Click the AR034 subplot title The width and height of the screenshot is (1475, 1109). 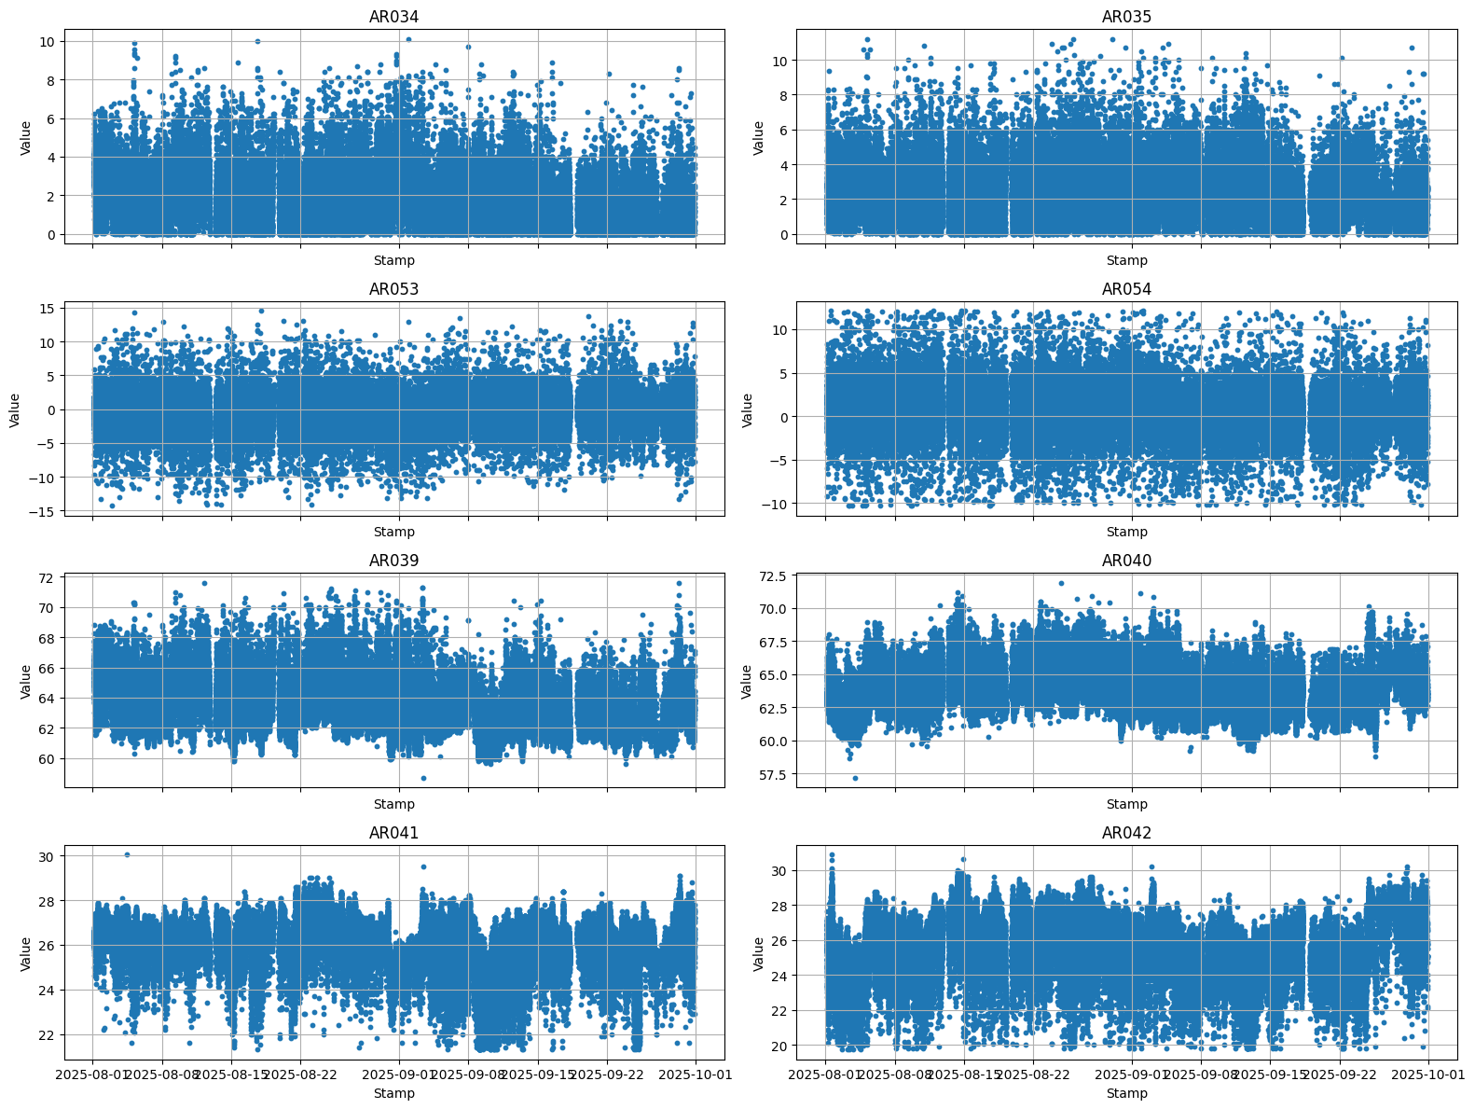[x=393, y=17]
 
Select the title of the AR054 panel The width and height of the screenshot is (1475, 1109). [x=1126, y=289]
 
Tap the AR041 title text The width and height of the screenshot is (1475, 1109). [x=393, y=833]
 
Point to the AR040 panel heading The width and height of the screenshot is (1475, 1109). [x=1126, y=561]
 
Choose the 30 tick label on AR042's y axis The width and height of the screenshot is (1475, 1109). [x=781, y=870]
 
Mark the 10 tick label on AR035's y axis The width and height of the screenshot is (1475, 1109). [x=781, y=61]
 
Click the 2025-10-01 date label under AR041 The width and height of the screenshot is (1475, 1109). [x=696, y=1074]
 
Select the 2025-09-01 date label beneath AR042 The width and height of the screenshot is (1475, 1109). [x=1132, y=1074]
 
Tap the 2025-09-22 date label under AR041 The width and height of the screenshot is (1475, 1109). [x=607, y=1074]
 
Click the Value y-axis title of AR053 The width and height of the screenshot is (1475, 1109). [x=15, y=409]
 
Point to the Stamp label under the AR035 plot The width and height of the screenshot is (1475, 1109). [x=1126, y=260]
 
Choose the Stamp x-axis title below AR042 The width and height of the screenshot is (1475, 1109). [x=1126, y=1093]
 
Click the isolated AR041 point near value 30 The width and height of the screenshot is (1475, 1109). [x=127, y=854]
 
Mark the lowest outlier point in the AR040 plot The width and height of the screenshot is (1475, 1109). [x=855, y=778]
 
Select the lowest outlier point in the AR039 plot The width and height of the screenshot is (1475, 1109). [x=423, y=778]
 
